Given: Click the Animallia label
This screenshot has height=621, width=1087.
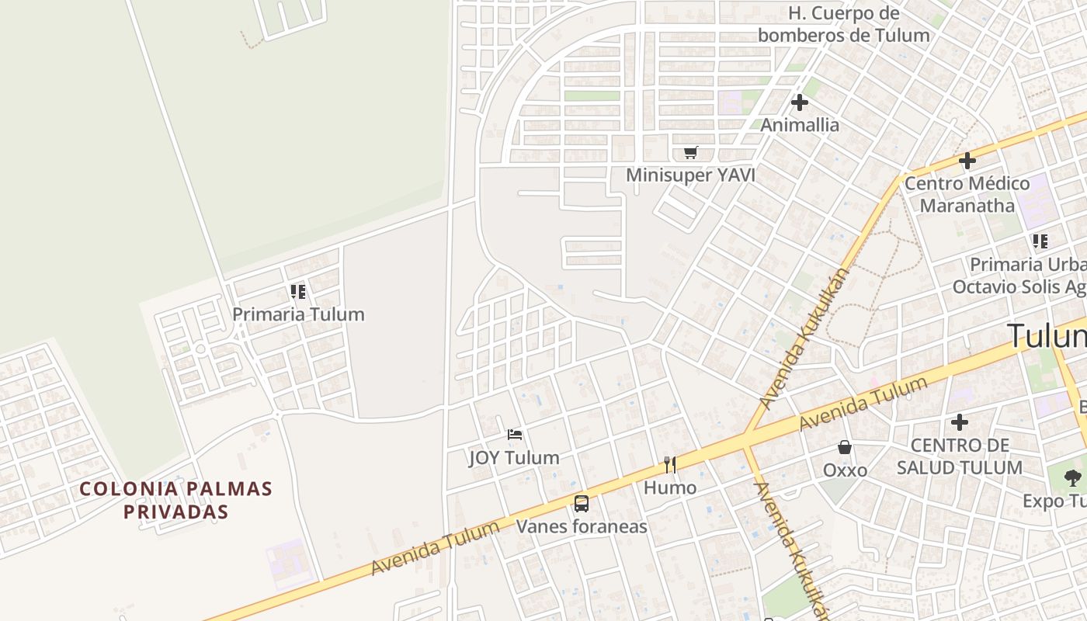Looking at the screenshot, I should (800, 125).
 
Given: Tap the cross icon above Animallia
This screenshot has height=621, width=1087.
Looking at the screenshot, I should (800, 102).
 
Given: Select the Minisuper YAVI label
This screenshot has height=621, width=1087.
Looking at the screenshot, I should (690, 175).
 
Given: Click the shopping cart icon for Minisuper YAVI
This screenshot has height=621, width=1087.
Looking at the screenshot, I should (690, 152).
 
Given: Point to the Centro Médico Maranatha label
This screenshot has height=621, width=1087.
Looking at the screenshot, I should (967, 195).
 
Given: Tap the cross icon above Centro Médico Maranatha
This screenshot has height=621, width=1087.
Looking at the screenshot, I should (967, 161).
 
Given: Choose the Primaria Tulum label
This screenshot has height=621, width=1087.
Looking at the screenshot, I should (298, 314).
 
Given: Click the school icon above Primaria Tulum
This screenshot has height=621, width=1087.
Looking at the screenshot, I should (298, 292).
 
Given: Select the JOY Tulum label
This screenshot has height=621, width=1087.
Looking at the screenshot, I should (514, 458).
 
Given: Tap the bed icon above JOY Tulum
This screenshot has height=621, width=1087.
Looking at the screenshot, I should (514, 435).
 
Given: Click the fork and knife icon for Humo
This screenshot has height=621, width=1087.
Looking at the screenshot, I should (670, 465).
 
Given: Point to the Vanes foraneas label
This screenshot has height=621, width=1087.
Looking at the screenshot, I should (582, 527).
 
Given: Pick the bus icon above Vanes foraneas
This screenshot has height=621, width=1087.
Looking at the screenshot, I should (582, 504).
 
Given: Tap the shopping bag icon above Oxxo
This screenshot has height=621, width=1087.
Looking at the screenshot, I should (845, 447).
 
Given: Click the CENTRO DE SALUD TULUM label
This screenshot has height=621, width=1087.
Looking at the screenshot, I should (959, 456).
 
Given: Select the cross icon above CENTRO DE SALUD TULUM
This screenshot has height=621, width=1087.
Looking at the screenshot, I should (960, 422).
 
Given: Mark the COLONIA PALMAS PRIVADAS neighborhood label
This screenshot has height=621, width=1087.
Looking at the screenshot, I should (176, 501).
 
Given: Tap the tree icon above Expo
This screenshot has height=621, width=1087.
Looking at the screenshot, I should (1072, 478).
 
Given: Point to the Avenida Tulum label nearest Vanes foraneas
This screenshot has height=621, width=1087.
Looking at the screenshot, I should (436, 549).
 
